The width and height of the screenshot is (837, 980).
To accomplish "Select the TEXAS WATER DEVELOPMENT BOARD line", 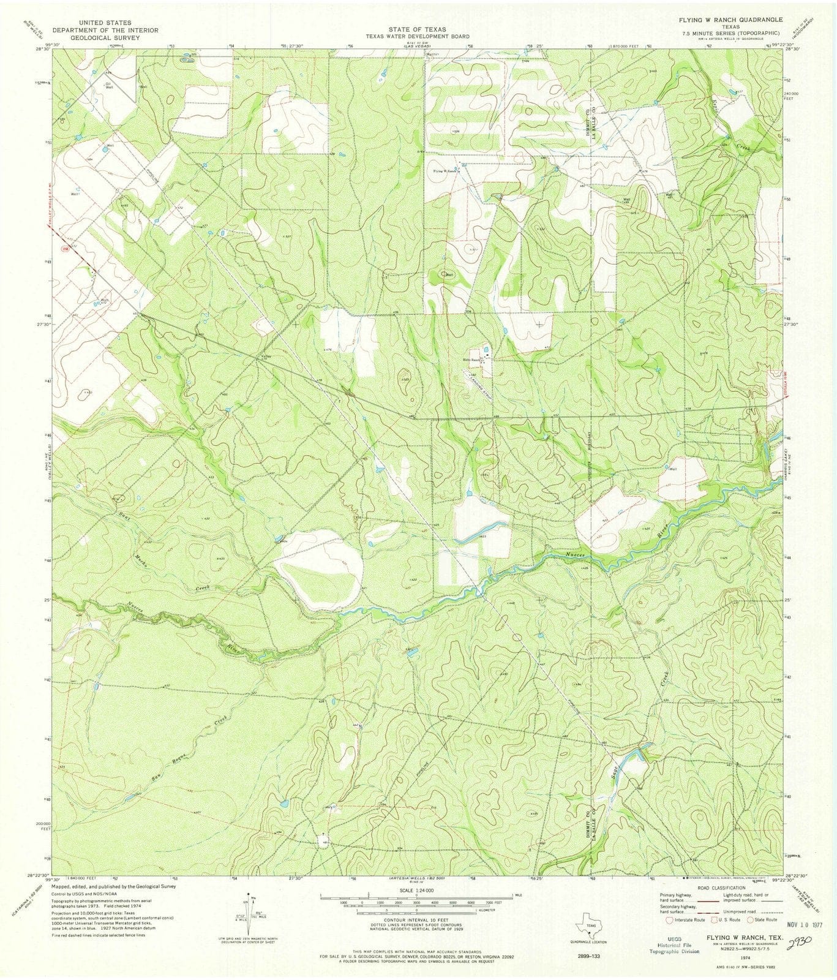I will pos(418,36).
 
